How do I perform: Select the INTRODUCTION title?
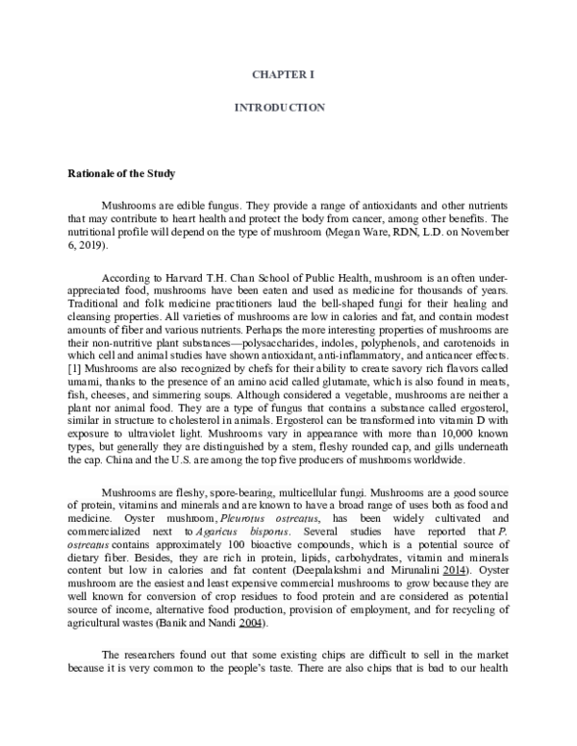click(280, 107)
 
